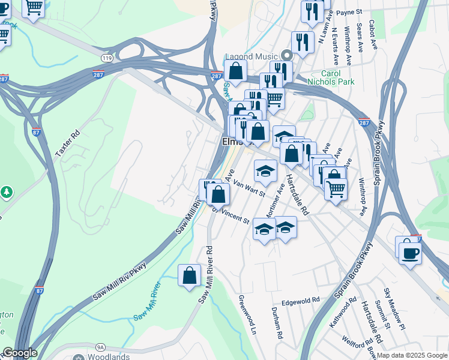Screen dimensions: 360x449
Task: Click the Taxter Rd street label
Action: point(68,144)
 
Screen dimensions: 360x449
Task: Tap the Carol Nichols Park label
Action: point(331,77)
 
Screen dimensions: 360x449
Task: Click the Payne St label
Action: point(349,11)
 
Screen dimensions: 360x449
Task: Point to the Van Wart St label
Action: point(249,187)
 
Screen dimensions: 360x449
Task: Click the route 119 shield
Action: point(107,58)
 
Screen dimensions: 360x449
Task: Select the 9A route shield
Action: point(100,347)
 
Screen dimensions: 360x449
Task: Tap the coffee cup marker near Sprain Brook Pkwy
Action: point(410,252)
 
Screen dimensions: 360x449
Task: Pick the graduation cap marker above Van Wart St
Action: point(265,171)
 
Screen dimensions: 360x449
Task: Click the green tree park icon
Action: point(7,192)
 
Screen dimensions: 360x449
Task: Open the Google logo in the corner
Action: point(20,353)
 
